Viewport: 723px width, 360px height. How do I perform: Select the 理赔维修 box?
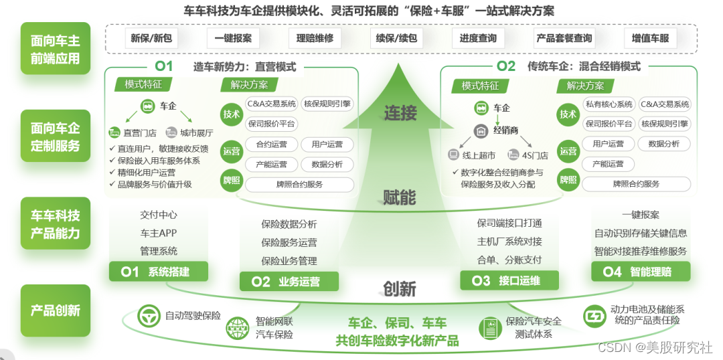pyautogui.click(x=315, y=38)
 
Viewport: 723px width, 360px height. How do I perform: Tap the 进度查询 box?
pyautogui.click(x=478, y=38)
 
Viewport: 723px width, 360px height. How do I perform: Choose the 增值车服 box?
pyautogui.click(x=650, y=38)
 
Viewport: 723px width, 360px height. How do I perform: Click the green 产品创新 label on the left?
pyautogui.click(x=55, y=310)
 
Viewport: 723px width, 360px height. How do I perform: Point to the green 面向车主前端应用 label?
pyautogui.click(x=55, y=50)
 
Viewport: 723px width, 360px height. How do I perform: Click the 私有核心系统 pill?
pyautogui.click(x=608, y=104)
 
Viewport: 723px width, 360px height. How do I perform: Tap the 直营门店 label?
pyautogui.click(x=132, y=132)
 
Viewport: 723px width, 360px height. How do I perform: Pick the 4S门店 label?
pyautogui.click(x=529, y=155)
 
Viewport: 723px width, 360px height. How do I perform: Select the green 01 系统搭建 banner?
pyautogui.click(x=159, y=272)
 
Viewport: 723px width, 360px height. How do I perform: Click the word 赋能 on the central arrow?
pyautogui.click(x=400, y=197)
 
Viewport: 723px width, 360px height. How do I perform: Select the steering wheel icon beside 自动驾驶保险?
pyautogui.click(x=148, y=316)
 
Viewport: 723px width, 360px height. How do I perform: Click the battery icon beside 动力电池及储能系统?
pyautogui.click(x=594, y=315)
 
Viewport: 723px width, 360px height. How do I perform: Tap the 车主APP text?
pyautogui.click(x=159, y=234)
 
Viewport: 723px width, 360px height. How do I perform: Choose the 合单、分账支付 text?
pyautogui.click(x=509, y=260)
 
